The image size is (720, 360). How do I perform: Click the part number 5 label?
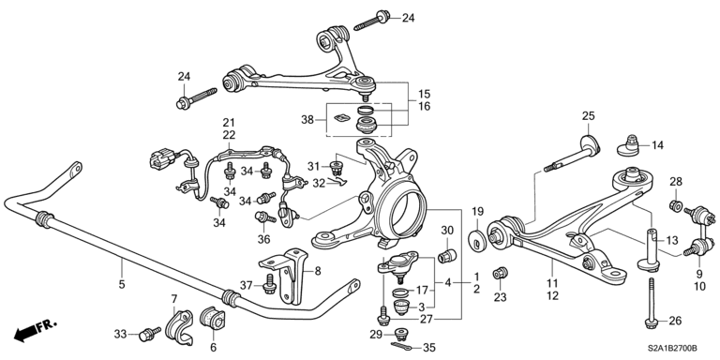[122, 285]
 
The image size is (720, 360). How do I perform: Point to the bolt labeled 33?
[150, 335]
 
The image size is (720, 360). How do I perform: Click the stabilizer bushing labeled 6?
[213, 319]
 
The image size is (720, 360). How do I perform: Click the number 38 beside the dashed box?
[307, 120]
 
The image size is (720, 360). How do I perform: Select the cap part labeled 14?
[629, 145]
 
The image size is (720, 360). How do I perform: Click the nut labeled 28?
[676, 205]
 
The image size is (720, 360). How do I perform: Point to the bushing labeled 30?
[446, 255]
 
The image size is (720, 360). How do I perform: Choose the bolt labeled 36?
[265, 217]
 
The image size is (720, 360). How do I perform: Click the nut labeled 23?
[500, 274]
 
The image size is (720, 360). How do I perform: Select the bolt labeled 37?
[269, 284]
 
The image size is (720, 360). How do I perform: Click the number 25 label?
[588, 115]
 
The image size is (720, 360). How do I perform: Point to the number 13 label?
[672, 239]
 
